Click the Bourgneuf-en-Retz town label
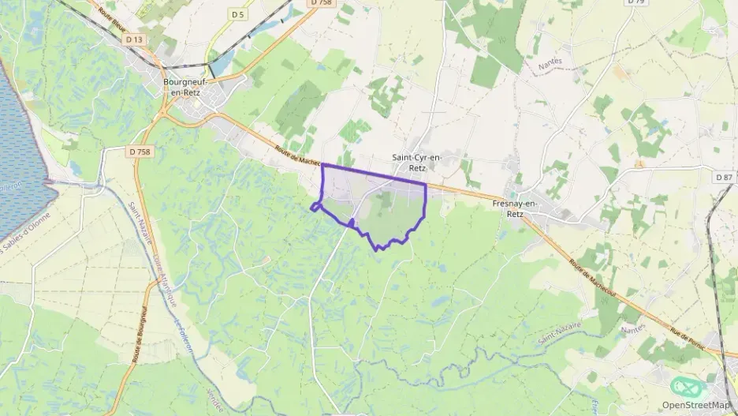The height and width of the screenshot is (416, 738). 183,86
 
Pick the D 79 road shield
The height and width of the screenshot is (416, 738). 635,2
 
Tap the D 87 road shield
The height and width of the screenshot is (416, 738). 725,177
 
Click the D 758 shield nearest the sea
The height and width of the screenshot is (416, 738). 139,152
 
